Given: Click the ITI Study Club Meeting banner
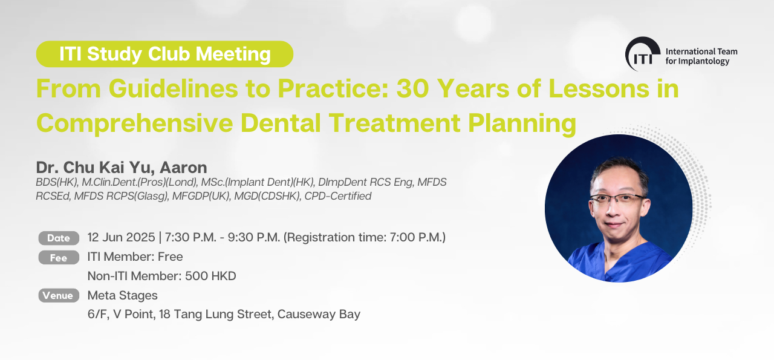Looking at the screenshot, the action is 164,54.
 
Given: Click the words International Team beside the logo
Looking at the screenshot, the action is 701,51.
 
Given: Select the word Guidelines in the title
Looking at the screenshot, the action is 173,88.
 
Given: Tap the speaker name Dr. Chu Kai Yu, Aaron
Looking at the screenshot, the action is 122,168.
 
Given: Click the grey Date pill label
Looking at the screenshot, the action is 59,238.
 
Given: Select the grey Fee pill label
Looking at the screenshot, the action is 59,258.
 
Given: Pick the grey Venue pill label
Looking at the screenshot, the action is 59,295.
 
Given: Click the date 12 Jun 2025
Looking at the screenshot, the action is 122,237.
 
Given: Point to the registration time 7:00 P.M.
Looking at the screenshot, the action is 415,237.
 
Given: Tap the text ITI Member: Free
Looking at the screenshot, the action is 135,257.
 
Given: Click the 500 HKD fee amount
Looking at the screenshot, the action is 210,276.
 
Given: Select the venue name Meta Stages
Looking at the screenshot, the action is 122,295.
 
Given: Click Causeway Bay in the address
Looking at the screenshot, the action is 319,315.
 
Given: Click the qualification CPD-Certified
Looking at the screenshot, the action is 337,196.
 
